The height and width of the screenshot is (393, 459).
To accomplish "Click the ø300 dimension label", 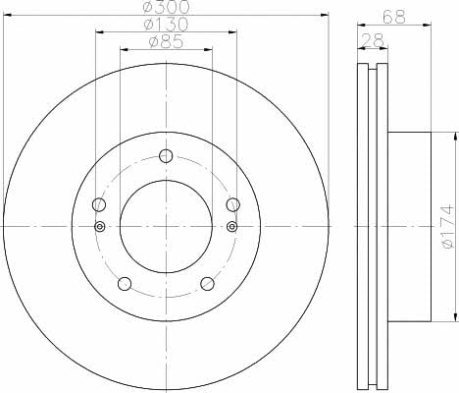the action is coord(167,7).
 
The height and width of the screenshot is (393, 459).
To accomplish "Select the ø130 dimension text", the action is coord(166,25).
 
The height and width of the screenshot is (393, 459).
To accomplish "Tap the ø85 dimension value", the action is coord(166,41).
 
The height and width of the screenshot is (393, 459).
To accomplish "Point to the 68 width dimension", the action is coord(394,17).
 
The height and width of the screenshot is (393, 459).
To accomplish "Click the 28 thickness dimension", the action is coord(373,40).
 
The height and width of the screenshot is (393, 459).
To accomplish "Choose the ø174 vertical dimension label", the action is coord(448,226).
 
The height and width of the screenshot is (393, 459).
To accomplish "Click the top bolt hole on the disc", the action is coord(166,156).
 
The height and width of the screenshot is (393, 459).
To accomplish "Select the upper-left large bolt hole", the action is coord(99,204).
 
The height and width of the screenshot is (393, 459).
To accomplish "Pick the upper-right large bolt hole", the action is coord(233,204).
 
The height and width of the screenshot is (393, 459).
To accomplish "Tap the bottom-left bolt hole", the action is coord(125,284).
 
